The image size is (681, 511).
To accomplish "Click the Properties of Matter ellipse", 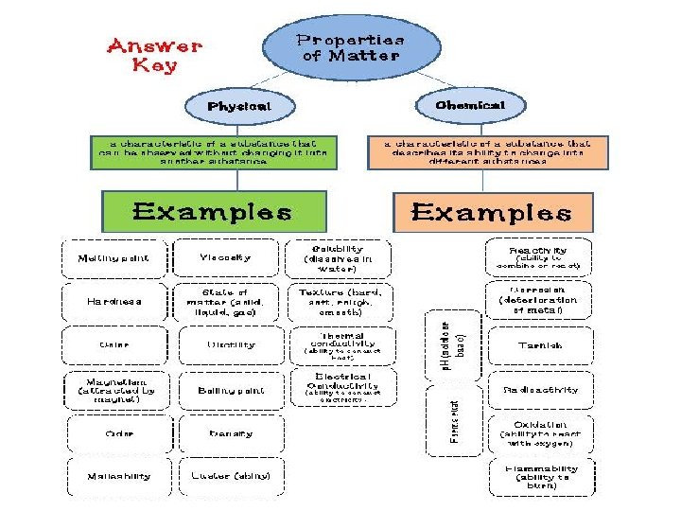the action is [351, 47].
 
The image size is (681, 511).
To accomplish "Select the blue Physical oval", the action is [239, 106].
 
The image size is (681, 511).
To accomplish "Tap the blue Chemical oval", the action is [470, 105].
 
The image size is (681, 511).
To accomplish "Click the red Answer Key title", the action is [154, 55].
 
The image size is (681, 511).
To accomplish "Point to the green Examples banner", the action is [210, 211].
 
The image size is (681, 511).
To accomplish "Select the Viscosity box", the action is [226, 257].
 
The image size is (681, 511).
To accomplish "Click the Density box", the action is [230, 433].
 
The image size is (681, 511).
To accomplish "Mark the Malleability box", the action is [118, 476].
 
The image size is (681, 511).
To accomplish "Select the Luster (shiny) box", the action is [230, 476].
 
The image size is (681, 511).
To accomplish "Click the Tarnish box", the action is [539, 345].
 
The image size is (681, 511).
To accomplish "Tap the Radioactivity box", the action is [539, 390].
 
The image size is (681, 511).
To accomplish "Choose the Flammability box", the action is [539, 476].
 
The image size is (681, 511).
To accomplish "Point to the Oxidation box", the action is [539, 433].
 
